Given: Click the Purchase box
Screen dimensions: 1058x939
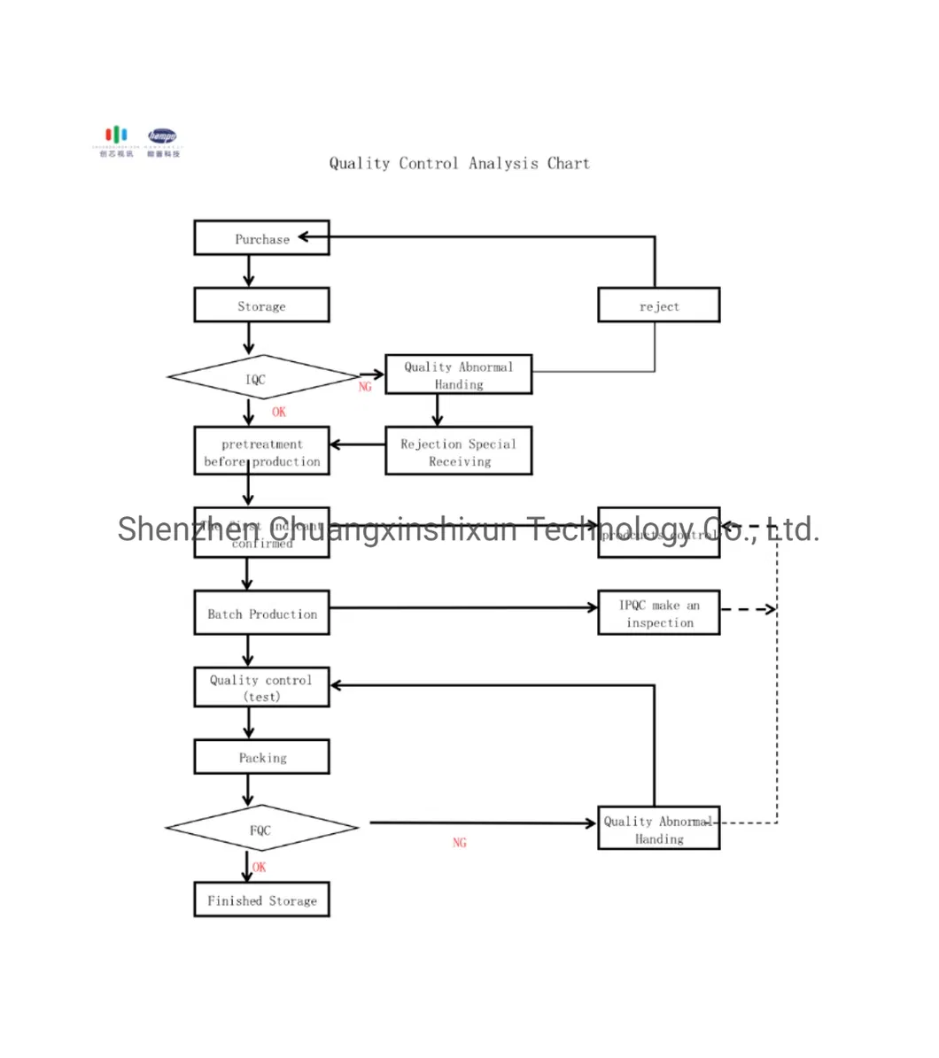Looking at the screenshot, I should pyautogui.click(x=261, y=238).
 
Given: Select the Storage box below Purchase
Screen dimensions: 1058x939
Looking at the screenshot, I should pyautogui.click(x=261, y=305).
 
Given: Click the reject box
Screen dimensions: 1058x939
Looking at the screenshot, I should pyautogui.click(x=658, y=305).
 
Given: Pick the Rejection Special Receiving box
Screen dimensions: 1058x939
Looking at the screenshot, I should pyautogui.click(x=458, y=452).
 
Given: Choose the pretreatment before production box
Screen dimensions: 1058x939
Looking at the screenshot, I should pyautogui.click(x=261, y=452).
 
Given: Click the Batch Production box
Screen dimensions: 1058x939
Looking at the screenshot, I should pyautogui.click(x=261, y=613).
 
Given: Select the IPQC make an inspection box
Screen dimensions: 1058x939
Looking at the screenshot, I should pyautogui.click(x=658, y=613).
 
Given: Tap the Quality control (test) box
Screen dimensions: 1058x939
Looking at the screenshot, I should pyautogui.click(x=261, y=687).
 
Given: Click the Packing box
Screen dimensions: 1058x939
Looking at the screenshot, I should pyautogui.click(x=261, y=757).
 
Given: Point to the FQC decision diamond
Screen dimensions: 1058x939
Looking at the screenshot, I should pyautogui.click(x=261, y=829).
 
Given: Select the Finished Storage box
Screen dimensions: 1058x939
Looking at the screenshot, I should pyautogui.click(x=261, y=900).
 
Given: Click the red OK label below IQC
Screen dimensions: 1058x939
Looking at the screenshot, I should pyautogui.click(x=279, y=412).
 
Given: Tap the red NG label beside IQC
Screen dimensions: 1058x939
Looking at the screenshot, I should pyautogui.click(x=365, y=387).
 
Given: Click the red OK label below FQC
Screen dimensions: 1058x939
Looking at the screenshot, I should pyautogui.click(x=259, y=867).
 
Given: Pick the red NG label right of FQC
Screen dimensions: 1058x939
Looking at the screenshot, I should pyautogui.click(x=459, y=842).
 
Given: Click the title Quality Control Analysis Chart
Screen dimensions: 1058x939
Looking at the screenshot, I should pyautogui.click(x=459, y=163).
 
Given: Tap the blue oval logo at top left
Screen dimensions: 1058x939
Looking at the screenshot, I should pyautogui.click(x=163, y=136).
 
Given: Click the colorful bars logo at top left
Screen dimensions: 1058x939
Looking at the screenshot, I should pyautogui.click(x=116, y=135).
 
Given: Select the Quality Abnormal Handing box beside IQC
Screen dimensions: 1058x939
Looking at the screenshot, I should pyautogui.click(x=458, y=375).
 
